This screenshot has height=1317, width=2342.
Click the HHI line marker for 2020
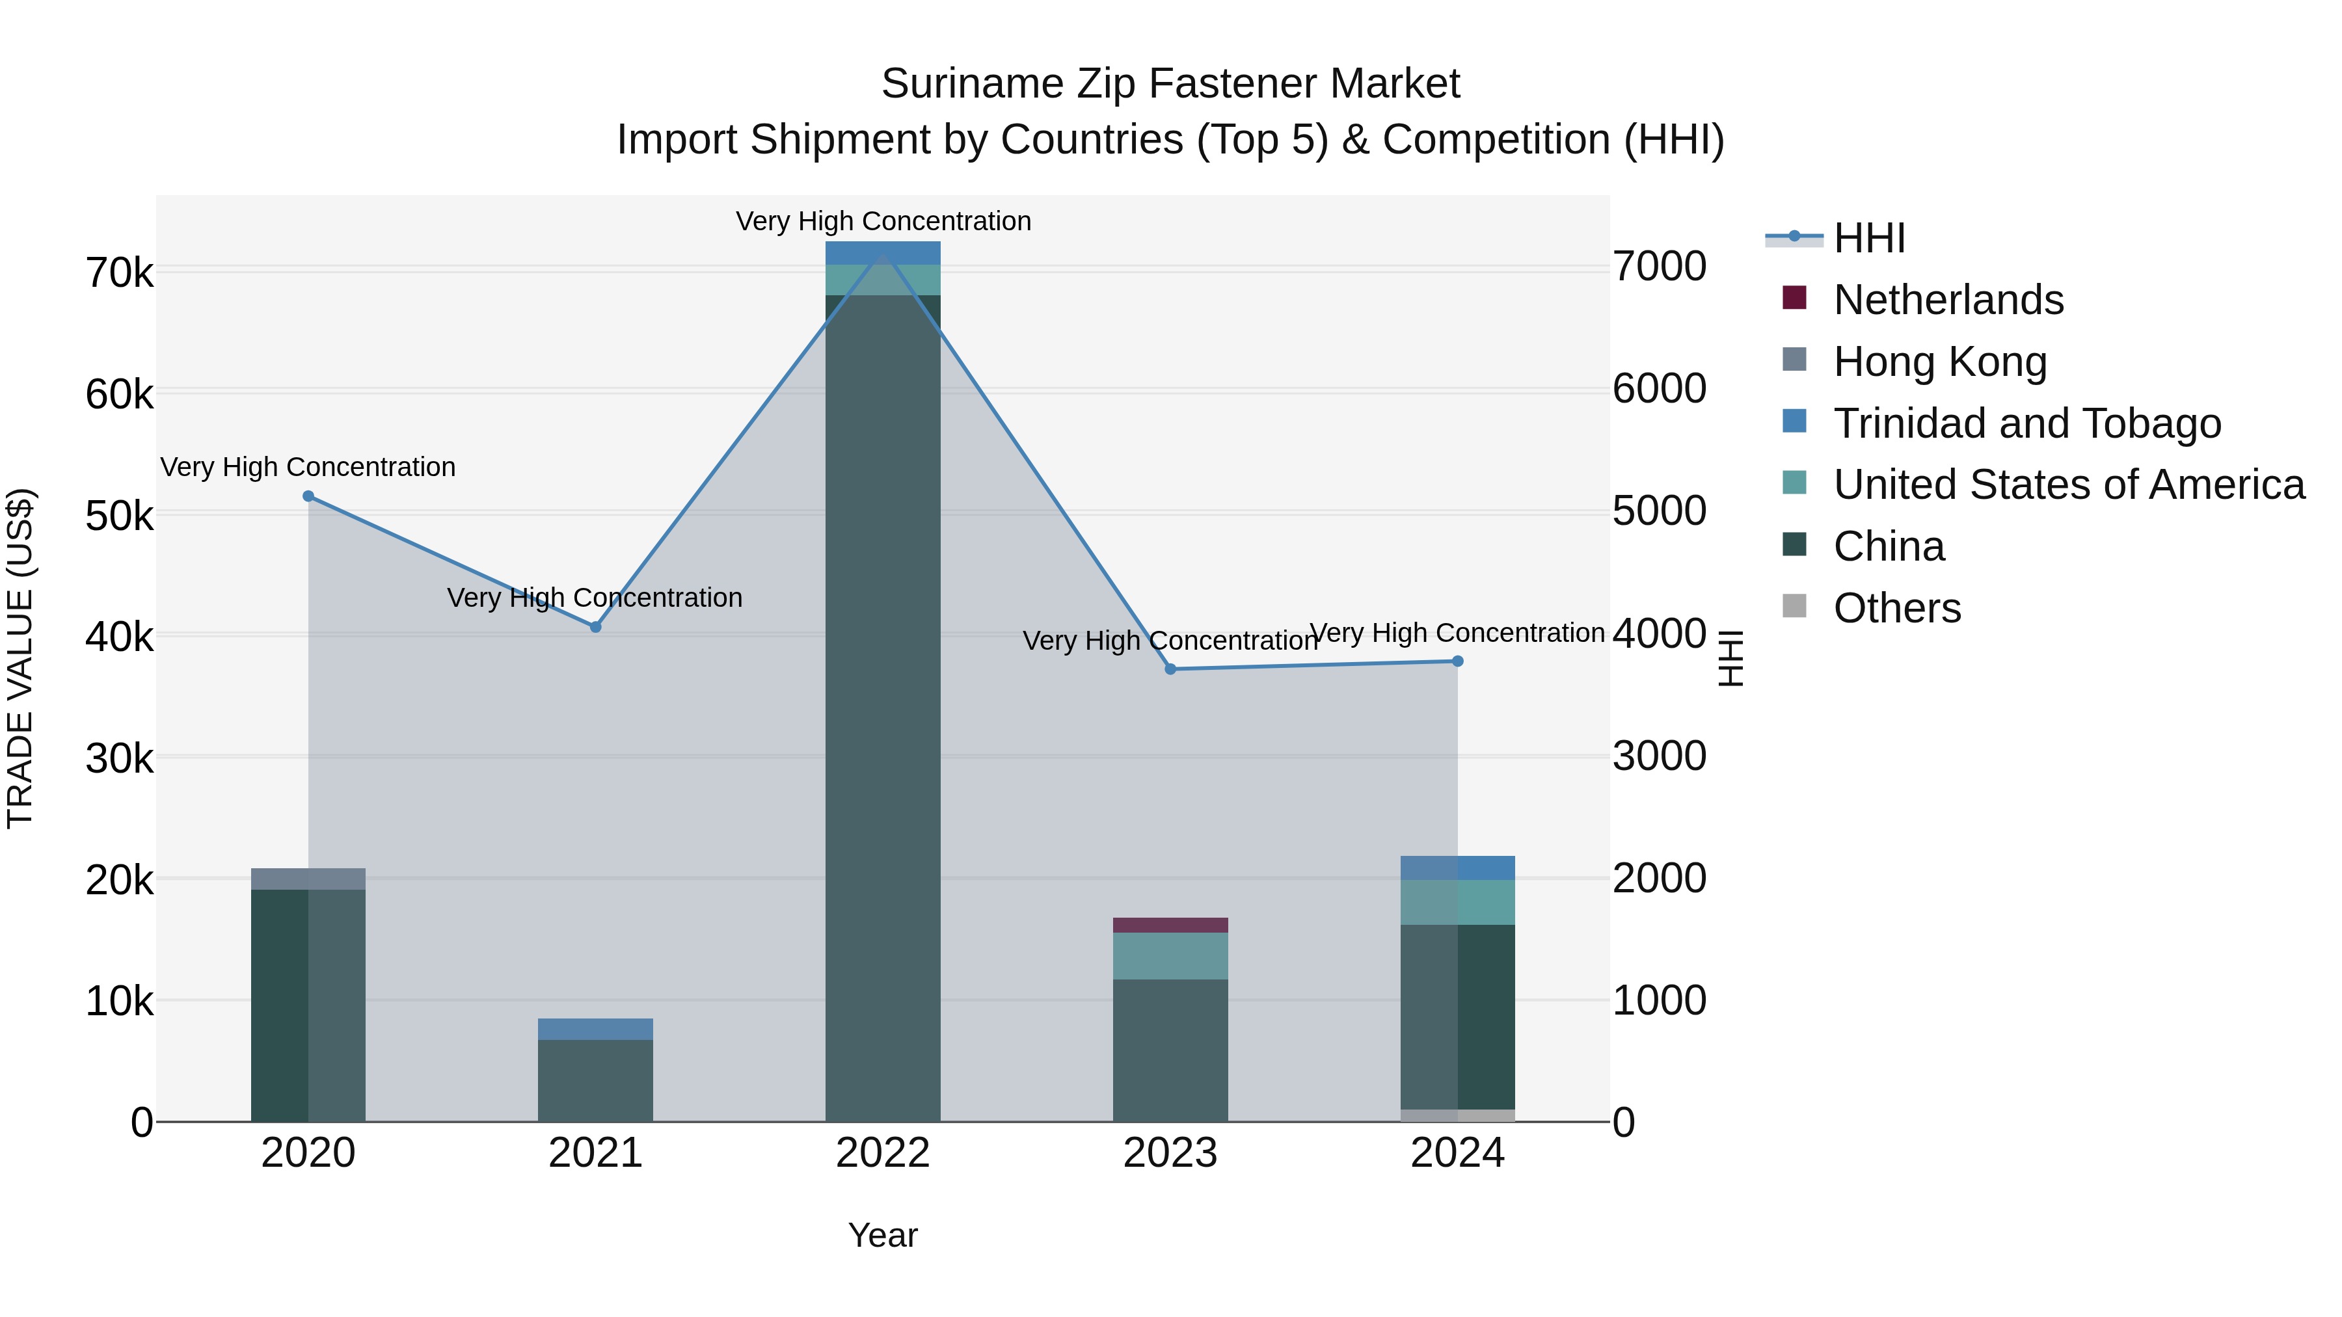pos(308,496)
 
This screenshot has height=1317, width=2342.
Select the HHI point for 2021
pos(595,627)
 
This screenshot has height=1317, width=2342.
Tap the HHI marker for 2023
pos(1170,670)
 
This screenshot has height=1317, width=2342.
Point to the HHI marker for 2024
pos(1457,661)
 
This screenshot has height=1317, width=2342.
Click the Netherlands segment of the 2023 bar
pos(1170,925)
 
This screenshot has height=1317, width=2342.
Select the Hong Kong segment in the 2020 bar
pos(308,879)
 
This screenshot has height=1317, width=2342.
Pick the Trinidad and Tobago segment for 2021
pos(595,1029)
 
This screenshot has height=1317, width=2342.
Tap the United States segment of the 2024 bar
pos(1457,903)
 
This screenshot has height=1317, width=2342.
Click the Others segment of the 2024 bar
pos(1457,1115)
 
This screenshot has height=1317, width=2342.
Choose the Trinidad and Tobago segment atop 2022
pos(883,253)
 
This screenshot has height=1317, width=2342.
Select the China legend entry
pos(1889,547)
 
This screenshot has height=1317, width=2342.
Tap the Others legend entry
pos(1896,608)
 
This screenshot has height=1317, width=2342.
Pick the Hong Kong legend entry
pos(1939,362)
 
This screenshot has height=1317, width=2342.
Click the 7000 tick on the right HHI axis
pos(1659,267)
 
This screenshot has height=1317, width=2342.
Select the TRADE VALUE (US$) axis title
pos(20,658)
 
